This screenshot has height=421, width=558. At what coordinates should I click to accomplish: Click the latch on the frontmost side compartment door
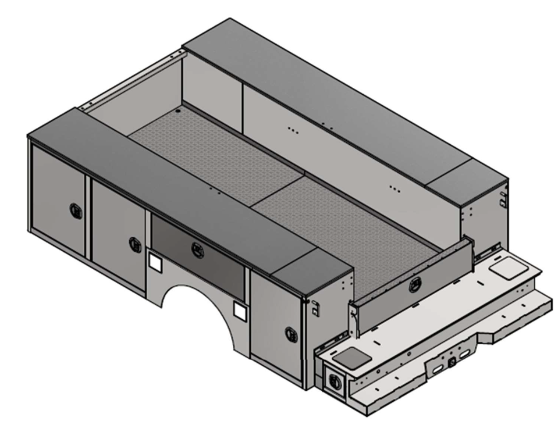point(76,211)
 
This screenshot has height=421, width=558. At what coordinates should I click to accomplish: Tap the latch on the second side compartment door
point(135,244)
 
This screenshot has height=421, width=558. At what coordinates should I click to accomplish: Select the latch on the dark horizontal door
point(198,251)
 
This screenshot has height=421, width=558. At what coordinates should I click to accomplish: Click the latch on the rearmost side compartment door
point(291,334)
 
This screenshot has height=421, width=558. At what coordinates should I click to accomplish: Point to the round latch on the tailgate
point(415,284)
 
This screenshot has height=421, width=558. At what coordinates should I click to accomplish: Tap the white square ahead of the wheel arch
point(154,262)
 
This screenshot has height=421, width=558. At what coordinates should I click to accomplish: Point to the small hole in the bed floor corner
point(177,111)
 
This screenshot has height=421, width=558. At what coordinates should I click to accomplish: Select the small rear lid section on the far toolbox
point(465,183)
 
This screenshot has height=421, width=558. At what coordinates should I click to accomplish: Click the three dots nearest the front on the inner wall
point(294,131)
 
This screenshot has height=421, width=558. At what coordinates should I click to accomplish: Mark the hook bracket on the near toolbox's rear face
point(315,311)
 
